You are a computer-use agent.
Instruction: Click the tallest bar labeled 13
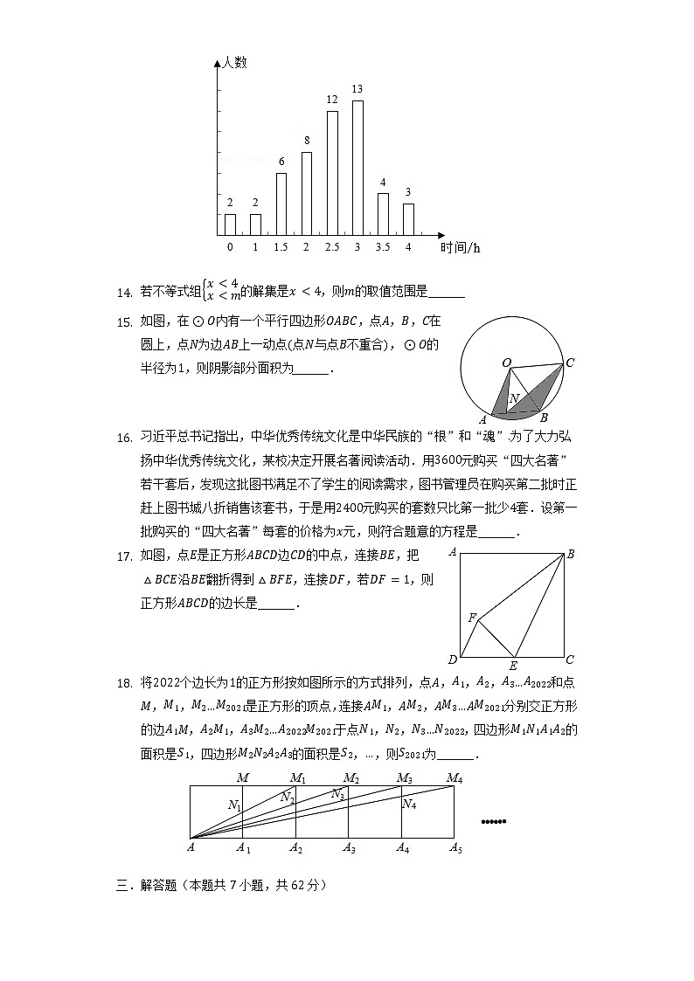(357, 168)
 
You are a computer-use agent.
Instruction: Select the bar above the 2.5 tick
(332, 173)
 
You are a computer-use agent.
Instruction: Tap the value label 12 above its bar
(332, 100)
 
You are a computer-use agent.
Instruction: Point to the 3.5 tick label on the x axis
(382, 247)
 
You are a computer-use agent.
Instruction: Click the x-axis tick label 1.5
(281, 247)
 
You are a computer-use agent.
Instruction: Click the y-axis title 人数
(234, 62)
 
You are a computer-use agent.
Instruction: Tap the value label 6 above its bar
(281, 162)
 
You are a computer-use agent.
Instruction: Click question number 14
(124, 292)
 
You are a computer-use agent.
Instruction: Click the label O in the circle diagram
(506, 362)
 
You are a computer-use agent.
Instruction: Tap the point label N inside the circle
(515, 398)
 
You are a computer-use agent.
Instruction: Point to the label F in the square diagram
(472, 618)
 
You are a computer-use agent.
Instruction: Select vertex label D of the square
(452, 660)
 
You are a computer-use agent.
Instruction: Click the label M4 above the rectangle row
(455, 777)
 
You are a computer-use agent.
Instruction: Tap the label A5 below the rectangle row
(455, 847)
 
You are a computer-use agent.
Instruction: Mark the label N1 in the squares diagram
(234, 805)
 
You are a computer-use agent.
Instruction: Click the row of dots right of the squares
(494, 821)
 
